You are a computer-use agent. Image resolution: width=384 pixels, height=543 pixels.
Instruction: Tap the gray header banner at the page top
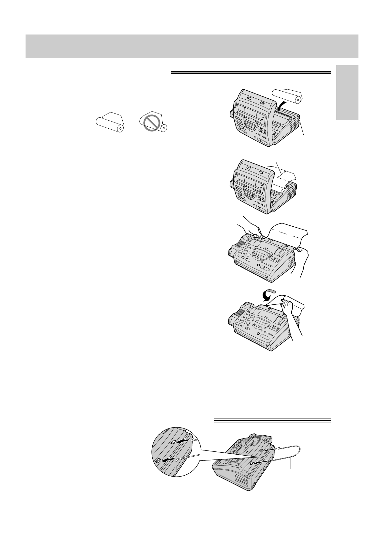coord(192,46)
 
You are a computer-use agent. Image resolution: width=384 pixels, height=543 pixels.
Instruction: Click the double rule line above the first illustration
coord(250,74)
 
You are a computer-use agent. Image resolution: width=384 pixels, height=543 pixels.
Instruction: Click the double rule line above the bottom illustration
coord(272,420)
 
